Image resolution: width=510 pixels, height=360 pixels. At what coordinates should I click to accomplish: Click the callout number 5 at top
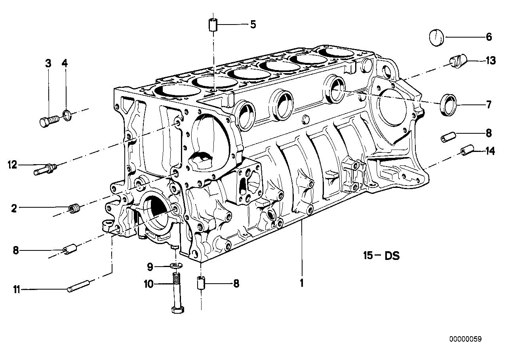click(x=253, y=25)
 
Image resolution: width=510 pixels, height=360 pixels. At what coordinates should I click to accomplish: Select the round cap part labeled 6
click(x=437, y=37)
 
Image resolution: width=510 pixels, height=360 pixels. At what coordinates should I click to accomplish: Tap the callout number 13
click(x=490, y=61)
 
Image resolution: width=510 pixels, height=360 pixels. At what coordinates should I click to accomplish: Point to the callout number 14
click(x=490, y=151)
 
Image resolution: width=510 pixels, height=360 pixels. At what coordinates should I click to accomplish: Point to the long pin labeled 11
click(x=80, y=286)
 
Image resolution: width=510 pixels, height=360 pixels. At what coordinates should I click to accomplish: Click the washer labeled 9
click(x=175, y=265)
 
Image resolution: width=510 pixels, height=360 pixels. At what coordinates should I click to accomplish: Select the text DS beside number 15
click(x=391, y=256)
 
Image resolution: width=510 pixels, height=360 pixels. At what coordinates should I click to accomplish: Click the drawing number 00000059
click(x=465, y=339)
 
